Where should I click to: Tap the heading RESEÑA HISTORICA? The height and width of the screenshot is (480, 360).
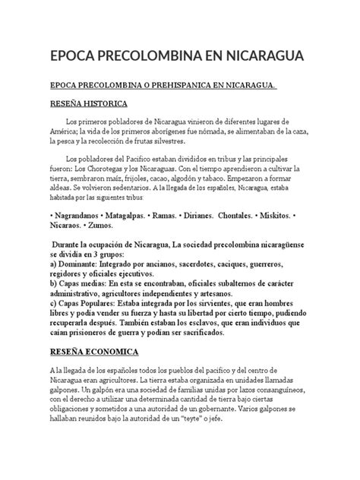click(88, 103)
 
